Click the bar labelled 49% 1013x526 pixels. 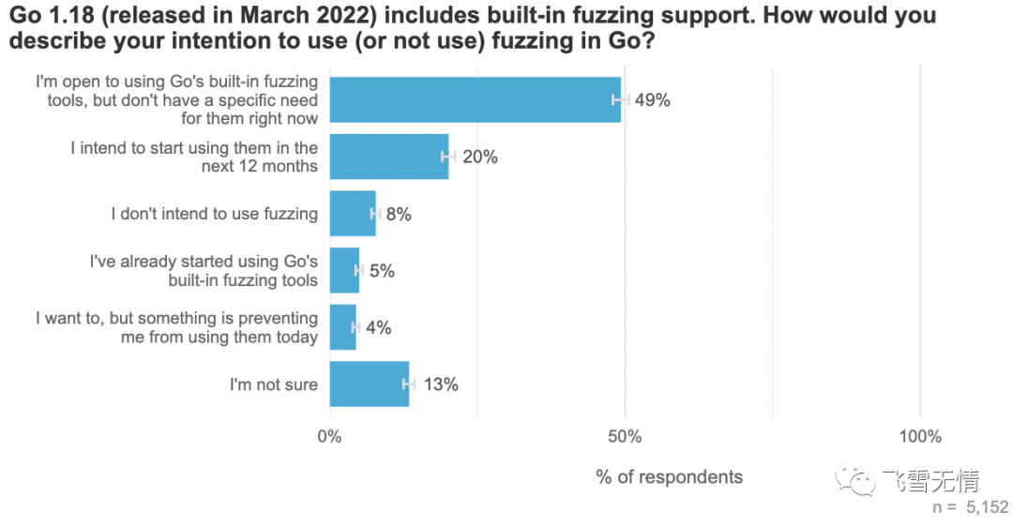coord(475,100)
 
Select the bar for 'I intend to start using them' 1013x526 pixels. coord(389,157)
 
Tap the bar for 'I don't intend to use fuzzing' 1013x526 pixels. coord(353,214)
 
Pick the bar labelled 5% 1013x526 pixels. coord(344,271)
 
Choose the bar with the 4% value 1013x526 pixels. coord(342,327)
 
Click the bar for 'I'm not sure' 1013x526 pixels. coord(370,384)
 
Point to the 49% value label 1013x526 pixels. coord(653,100)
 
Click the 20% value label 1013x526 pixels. coord(479,157)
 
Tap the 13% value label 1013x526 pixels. coord(440,384)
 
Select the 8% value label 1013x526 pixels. coord(399,214)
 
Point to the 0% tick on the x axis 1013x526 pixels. coord(330,437)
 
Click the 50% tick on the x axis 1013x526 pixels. coord(625,437)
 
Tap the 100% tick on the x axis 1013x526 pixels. coord(919,437)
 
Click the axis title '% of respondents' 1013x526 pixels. coord(669,477)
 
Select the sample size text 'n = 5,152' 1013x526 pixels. coord(970,507)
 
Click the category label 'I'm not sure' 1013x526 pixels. coord(274,384)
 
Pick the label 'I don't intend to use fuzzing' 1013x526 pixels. coord(214,214)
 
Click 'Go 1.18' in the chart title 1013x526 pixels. coord(49,16)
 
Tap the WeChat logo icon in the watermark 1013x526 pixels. coord(857,482)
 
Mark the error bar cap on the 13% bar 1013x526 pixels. coord(409,384)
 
